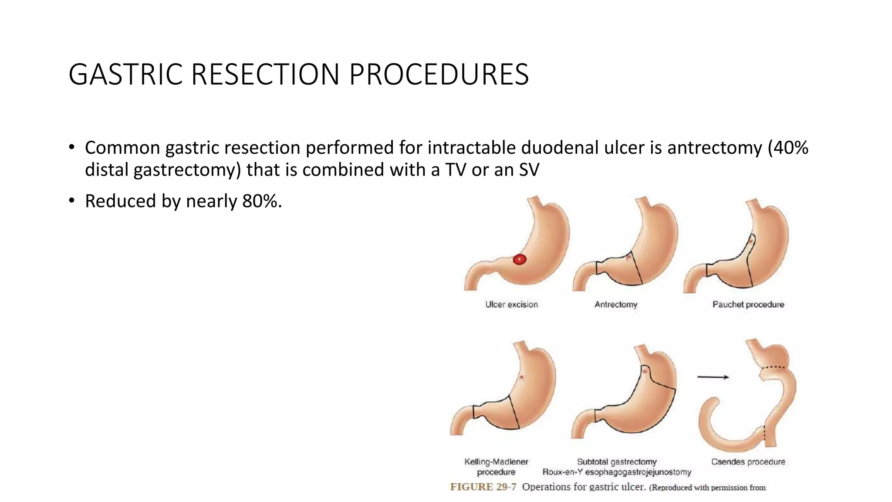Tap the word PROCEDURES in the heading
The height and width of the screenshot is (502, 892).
[x=439, y=75]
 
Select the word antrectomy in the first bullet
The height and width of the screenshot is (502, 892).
[x=714, y=148]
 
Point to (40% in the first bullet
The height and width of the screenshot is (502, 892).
[x=788, y=148]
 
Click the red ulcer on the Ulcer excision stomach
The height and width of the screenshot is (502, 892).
[x=519, y=260]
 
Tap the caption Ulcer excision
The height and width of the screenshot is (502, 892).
[x=511, y=305]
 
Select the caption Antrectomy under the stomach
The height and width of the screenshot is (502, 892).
[x=616, y=305]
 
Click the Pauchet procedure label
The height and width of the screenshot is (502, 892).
[x=748, y=305]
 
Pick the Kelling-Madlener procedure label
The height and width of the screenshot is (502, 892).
[x=496, y=467]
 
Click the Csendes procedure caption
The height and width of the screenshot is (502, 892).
[x=748, y=462]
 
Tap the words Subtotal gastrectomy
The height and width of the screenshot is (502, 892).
[x=616, y=462]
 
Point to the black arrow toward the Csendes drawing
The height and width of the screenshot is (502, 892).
[x=713, y=377]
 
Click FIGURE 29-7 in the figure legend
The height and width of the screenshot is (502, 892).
[x=483, y=487]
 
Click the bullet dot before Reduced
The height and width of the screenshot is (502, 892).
[x=71, y=201]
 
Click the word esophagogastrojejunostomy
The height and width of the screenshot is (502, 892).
[x=638, y=472]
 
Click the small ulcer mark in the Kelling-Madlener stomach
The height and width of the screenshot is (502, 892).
[x=521, y=377]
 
